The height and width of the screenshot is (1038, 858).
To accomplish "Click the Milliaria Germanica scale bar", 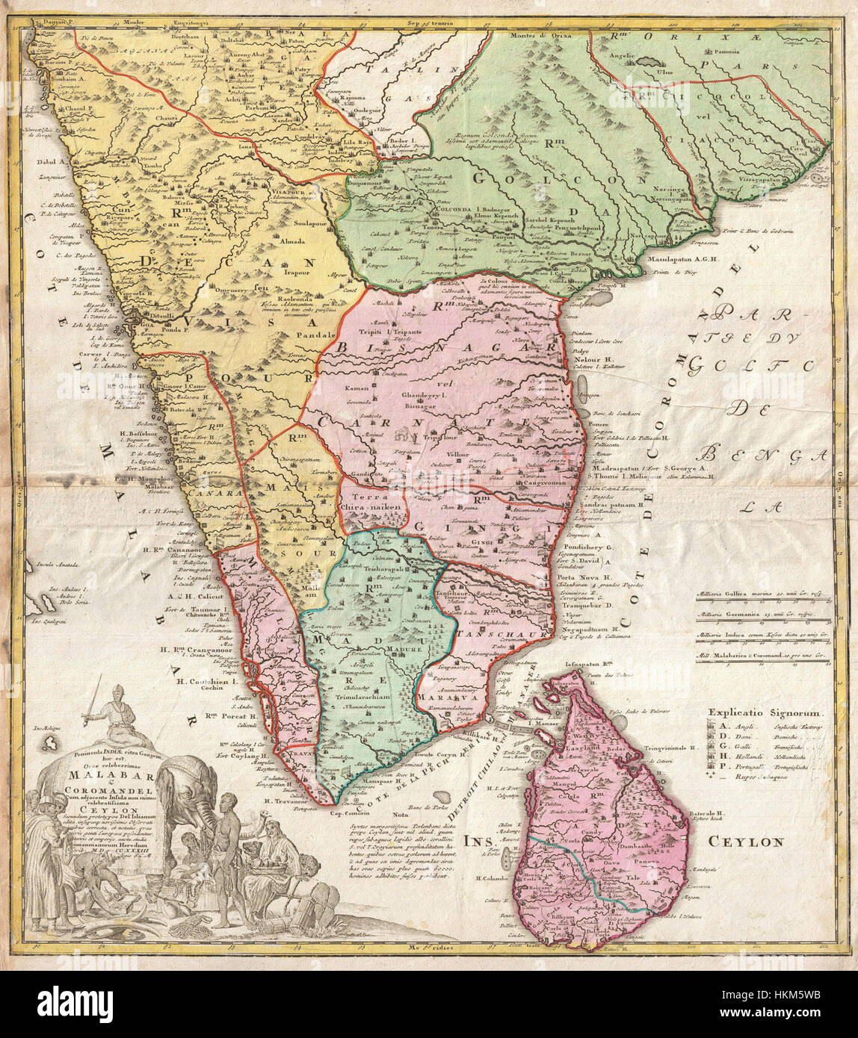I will pyautogui.click(x=762, y=615).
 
